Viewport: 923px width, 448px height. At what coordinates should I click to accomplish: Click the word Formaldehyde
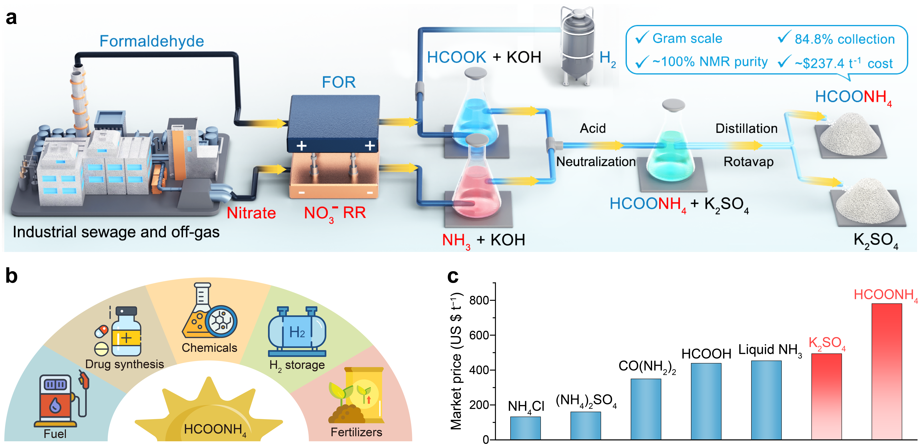coord(152,41)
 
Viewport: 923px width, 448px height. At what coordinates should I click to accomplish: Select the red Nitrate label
coord(251,213)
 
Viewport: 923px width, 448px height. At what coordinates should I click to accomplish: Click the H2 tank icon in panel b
coord(297,331)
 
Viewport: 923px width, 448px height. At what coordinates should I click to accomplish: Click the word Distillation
coord(746,128)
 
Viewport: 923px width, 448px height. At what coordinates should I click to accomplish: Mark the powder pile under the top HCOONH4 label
coord(849,134)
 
